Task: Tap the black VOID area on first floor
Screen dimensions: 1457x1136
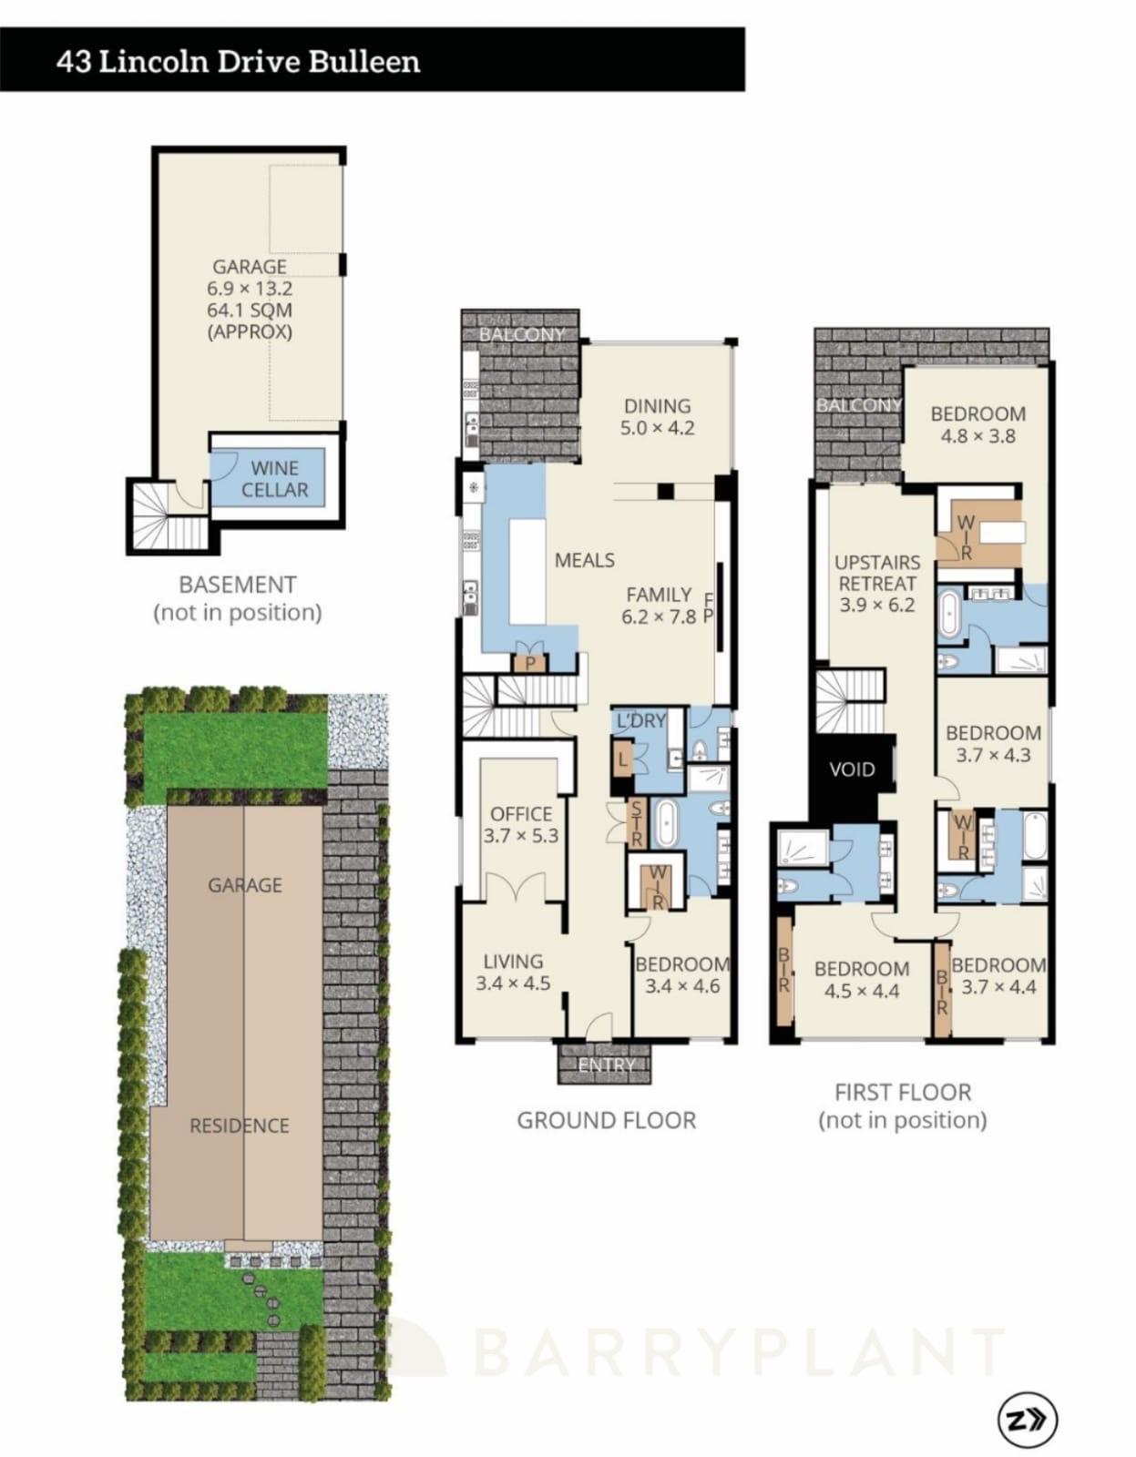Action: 851,770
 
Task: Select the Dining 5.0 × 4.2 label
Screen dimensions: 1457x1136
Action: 657,417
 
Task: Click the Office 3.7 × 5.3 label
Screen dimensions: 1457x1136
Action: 521,824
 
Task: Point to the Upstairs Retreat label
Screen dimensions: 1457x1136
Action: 876,583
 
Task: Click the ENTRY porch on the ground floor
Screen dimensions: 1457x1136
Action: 606,1065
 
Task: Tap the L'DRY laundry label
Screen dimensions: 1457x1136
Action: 640,720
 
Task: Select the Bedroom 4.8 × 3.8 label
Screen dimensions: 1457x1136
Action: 977,424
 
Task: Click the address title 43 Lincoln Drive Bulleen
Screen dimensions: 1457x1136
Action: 238,62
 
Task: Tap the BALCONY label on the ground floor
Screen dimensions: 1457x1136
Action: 521,334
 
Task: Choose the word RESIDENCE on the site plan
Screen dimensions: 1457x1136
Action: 239,1126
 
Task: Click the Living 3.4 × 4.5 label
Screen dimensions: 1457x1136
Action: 513,972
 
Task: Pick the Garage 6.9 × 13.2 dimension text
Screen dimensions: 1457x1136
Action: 250,288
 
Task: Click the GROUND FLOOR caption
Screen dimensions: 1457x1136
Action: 606,1120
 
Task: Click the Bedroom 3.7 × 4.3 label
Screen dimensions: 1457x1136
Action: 993,743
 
